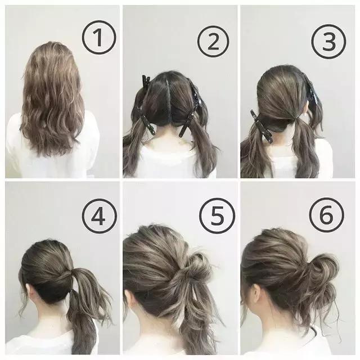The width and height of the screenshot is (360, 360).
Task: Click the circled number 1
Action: point(99,38)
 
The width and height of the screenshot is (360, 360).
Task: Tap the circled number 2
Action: point(213,41)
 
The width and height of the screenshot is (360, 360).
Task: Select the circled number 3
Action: point(328,42)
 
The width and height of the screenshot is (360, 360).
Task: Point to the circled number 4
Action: point(99,216)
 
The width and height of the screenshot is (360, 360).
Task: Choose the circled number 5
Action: point(217,215)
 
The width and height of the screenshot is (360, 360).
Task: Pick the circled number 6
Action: point(326,215)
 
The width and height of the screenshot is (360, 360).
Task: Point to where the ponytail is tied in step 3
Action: point(296,119)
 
